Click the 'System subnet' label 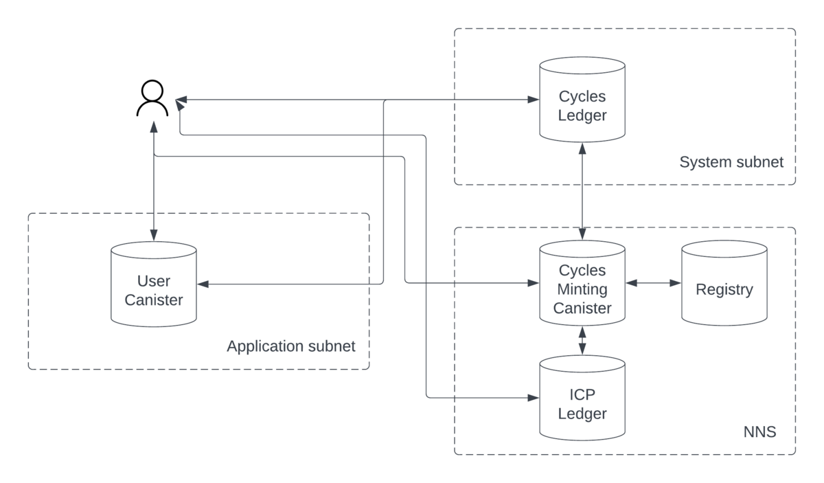tap(731, 163)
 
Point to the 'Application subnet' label tap(291, 346)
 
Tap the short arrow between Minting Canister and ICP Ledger tap(582, 341)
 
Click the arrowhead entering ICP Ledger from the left tap(533, 398)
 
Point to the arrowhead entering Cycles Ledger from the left tap(533, 100)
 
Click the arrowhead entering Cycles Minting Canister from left tap(533, 283)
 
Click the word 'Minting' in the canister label tap(582, 289)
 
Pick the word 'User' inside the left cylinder tap(154, 281)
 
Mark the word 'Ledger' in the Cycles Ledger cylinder tap(582, 115)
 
